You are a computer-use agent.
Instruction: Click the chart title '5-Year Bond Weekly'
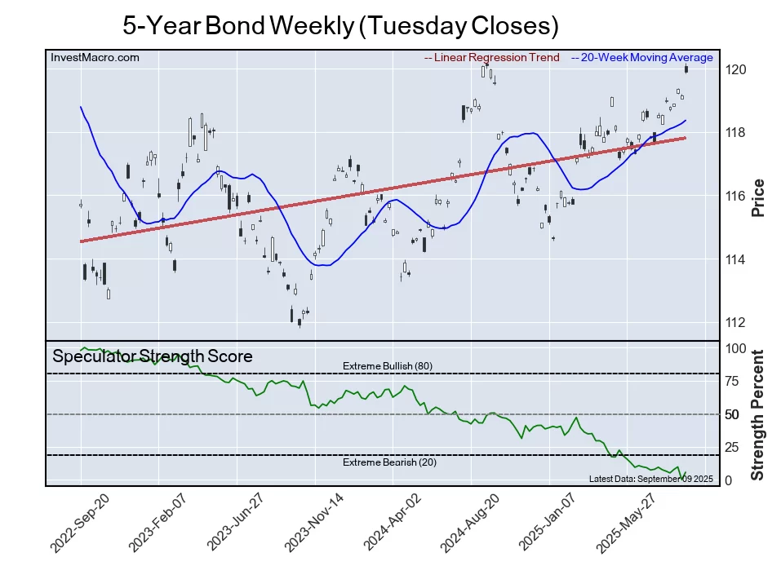pos(340,25)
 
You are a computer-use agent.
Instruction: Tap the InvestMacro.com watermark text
pos(95,58)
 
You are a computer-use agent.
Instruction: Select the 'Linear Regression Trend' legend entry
pos(492,58)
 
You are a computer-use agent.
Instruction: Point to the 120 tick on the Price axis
pos(736,70)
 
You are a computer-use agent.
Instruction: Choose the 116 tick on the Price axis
pos(736,197)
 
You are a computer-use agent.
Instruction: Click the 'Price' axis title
pos(758,197)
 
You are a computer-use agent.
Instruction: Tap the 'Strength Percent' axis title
pos(758,413)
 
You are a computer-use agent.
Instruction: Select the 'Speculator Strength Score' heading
pos(153,356)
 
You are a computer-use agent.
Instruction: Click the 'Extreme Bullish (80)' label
pos(387,366)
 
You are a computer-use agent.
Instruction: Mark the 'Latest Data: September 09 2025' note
pos(650,478)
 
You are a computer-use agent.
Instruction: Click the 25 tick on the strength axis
pos(733,448)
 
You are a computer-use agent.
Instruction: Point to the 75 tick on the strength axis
pos(733,381)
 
